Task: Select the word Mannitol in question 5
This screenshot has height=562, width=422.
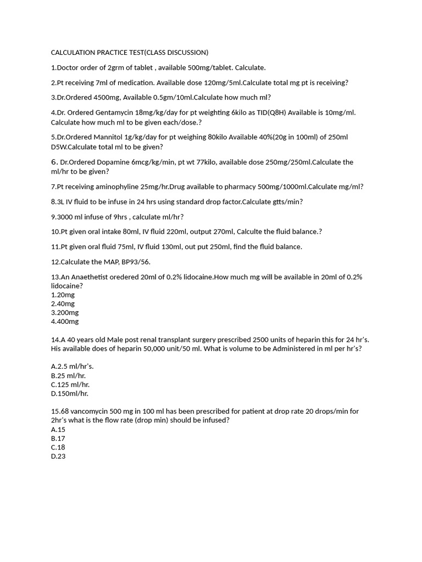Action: pyautogui.click(x=105, y=137)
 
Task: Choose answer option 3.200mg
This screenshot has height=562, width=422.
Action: pyautogui.click(x=63, y=312)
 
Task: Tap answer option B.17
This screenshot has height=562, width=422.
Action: pyautogui.click(x=58, y=439)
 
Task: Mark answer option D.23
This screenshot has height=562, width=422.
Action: pyautogui.click(x=58, y=456)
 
